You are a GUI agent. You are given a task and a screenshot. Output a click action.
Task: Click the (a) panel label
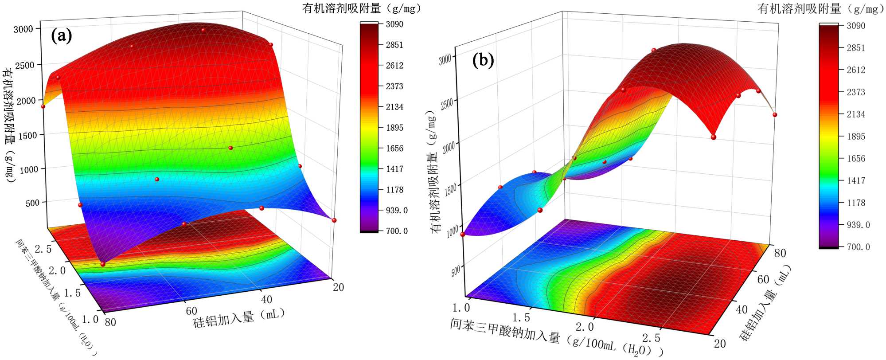pos(61,35)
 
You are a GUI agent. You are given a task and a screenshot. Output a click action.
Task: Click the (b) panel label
pos(483,59)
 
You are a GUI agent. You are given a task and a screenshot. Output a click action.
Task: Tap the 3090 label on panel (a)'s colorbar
pos(394,24)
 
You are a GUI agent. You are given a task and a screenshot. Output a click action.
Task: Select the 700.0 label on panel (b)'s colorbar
pos(859,247)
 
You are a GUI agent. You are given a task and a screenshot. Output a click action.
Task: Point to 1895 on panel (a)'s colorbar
pos(394,128)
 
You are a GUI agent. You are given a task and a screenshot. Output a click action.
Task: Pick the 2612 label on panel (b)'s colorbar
pos(856,70)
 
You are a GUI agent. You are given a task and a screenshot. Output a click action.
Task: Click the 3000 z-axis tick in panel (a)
pos(23,29)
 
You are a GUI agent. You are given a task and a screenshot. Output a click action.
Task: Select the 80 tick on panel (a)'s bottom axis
pos(110,322)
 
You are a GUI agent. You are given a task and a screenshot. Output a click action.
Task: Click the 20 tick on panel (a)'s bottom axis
pos(338,287)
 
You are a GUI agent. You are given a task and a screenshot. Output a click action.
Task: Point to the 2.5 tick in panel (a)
pos(43,249)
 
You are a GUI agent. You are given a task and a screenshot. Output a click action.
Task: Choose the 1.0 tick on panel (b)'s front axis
pos(461,307)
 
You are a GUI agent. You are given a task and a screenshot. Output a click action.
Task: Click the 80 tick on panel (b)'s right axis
pos(780,253)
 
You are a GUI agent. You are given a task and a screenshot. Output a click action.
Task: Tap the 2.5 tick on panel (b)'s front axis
pos(651,338)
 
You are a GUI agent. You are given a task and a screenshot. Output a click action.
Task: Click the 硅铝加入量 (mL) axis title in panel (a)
pos(238,318)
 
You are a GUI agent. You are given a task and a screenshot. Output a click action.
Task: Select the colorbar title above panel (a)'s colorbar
pos(362,8)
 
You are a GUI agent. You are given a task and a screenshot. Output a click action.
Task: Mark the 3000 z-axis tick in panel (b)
pos(445,59)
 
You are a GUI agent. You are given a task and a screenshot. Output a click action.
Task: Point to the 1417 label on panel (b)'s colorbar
pos(856,180)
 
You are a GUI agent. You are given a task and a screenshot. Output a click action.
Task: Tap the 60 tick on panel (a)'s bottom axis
pos(191,310)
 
